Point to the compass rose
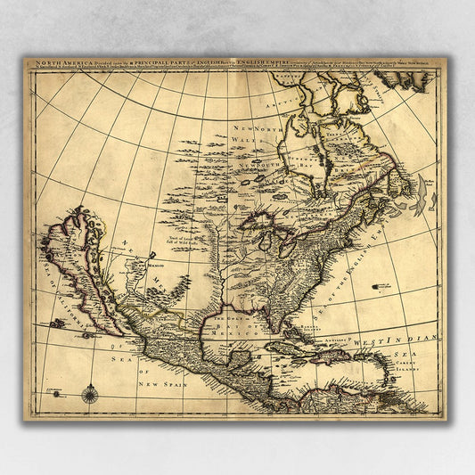coord(89,392)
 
